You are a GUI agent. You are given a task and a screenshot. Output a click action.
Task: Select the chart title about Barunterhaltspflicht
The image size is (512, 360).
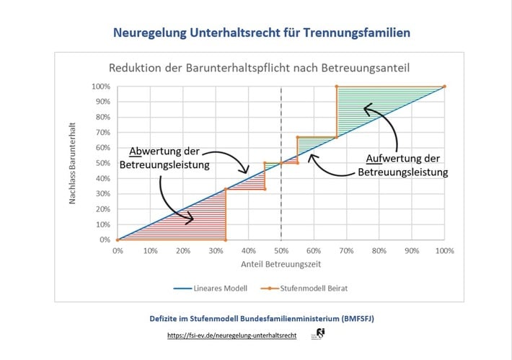coord(259,69)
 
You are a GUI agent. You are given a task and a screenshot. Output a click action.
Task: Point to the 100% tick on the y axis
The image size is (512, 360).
coord(102,87)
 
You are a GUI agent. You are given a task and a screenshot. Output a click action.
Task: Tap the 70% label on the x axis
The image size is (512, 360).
coord(346,251)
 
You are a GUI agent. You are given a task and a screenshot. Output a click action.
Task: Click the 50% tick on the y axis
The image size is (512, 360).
coord(103,163)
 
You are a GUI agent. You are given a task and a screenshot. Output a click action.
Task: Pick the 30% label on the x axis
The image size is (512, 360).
coord(216,251)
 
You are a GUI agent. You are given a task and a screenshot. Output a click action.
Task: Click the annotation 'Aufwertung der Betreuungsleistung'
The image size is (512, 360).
coord(403,166)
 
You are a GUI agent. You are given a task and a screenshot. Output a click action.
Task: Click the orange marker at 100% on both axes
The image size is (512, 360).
coord(444,87)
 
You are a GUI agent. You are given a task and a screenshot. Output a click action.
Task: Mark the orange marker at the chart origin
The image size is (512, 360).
coord(118,240)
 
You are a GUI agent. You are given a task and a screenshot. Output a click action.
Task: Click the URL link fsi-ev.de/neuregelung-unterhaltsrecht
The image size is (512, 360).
coord(232,335)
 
